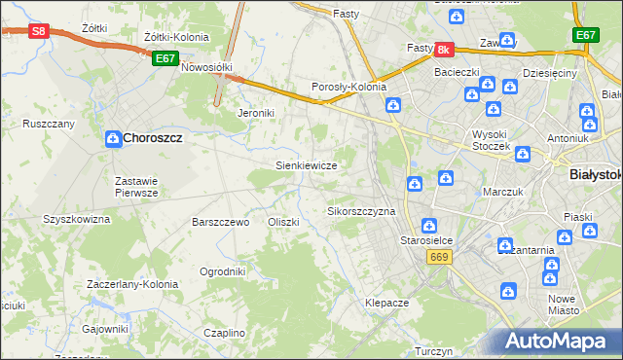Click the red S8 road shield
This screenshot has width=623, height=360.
38,31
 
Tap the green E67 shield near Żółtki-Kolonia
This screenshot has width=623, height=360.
165,58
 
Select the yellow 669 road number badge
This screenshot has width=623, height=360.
436,256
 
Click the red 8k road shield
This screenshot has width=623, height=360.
444,49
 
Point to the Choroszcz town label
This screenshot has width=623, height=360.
154,138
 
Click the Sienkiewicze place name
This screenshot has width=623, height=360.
307,166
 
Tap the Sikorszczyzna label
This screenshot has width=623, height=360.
361,211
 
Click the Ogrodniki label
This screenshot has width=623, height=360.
222,271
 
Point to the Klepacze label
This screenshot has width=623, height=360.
386,303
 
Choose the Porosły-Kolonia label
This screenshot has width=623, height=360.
348,87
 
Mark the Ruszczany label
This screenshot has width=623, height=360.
49,125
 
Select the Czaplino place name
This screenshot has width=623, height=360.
224,333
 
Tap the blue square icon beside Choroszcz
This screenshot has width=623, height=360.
113,138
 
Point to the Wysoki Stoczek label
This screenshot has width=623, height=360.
497,139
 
